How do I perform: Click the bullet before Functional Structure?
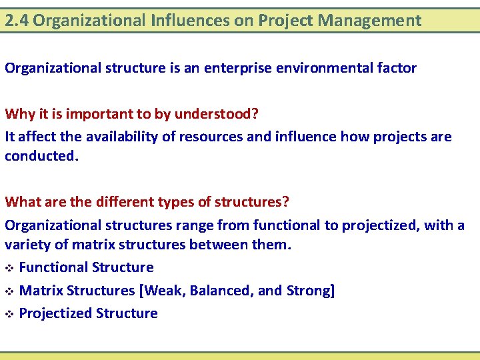pos(9,268)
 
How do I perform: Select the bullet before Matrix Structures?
pos(9,291)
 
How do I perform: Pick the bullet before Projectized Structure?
pos(9,314)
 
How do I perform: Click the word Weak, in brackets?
pos(159,291)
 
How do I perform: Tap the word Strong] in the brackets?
pos(311,291)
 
